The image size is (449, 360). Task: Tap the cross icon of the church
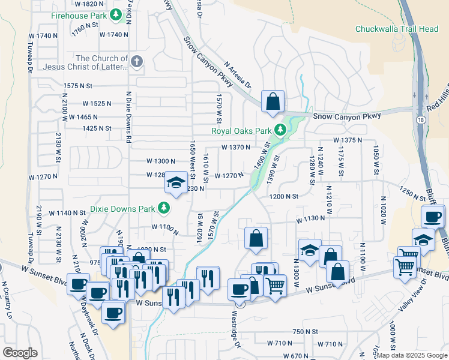click(x=137, y=61)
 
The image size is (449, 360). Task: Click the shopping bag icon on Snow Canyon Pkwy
click(x=273, y=102)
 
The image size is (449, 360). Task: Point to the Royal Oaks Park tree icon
click(x=280, y=130)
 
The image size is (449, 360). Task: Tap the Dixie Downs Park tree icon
click(x=163, y=209)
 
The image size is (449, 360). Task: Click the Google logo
click(x=20, y=352)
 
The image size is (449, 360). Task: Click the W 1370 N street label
click(x=235, y=147)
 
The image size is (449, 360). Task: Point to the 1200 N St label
click(x=284, y=196)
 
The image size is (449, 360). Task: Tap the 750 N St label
click(x=305, y=331)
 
